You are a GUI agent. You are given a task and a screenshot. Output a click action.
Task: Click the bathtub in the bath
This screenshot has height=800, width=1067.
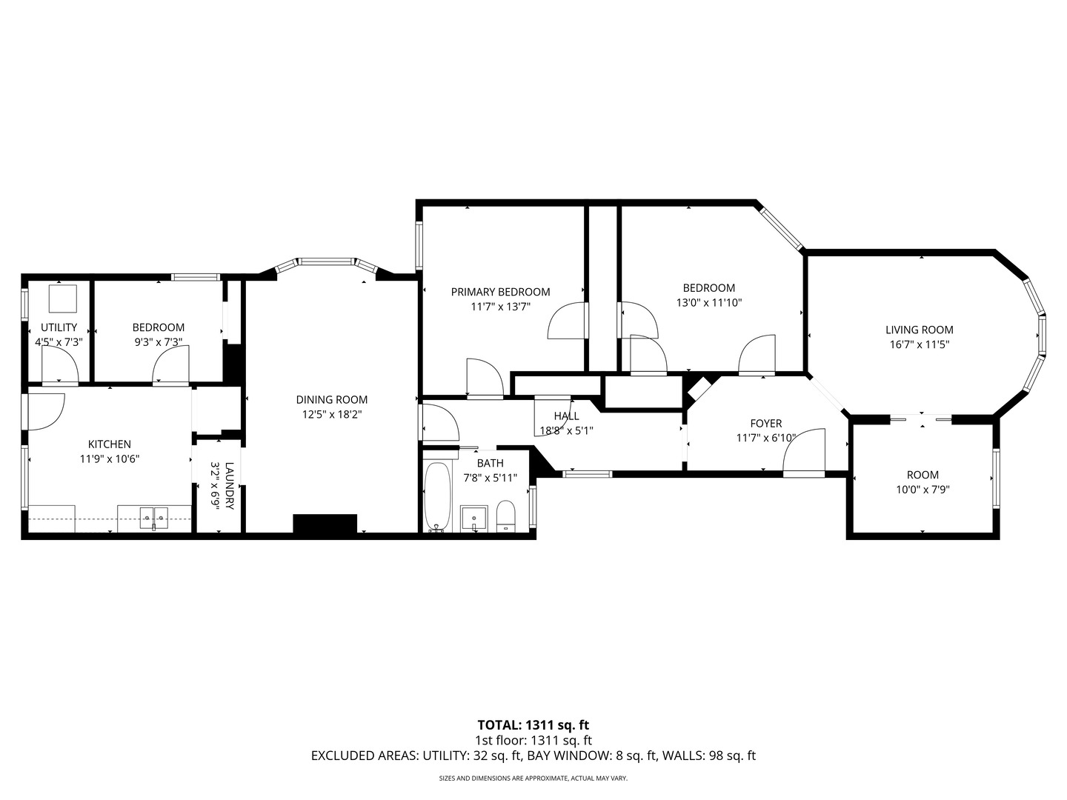[x=438, y=495]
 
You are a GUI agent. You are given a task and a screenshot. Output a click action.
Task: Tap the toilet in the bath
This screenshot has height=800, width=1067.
[x=505, y=516]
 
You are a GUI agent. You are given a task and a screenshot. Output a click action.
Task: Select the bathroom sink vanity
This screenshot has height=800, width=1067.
[x=473, y=518]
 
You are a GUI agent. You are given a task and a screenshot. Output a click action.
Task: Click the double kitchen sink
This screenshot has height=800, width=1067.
[x=155, y=517]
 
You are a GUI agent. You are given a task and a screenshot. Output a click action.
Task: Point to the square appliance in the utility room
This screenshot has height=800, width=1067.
[x=62, y=299]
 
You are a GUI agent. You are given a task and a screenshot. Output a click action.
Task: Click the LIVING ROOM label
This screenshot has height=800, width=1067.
[x=919, y=330]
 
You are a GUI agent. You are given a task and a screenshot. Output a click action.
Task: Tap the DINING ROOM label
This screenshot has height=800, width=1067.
[x=331, y=399]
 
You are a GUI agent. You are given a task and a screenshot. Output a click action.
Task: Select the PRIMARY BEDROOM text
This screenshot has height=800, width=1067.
[x=500, y=292]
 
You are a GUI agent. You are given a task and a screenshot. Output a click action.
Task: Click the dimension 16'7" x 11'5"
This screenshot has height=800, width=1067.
[x=919, y=344]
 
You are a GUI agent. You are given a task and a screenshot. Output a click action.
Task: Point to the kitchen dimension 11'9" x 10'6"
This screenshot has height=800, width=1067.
[x=110, y=459]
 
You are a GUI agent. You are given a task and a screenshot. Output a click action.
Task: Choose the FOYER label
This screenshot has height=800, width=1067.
[x=765, y=423]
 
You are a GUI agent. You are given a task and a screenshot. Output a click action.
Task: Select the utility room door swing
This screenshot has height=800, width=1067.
[x=59, y=365]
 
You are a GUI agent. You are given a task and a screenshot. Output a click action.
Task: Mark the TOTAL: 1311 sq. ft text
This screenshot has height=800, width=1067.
[x=533, y=725]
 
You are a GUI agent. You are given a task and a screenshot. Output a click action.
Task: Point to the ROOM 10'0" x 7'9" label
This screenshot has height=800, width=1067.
[x=923, y=475]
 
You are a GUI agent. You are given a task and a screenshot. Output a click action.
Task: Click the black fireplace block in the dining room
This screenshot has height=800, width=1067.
[x=325, y=523]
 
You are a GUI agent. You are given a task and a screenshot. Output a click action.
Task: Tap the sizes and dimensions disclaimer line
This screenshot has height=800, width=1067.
[x=533, y=779]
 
